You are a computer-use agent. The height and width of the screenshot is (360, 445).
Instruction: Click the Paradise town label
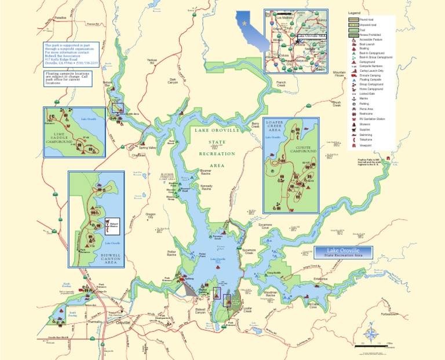point(60,18)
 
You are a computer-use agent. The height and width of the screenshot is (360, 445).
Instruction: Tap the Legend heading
point(354,13)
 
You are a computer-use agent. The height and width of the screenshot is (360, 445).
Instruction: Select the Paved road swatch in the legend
point(353,20)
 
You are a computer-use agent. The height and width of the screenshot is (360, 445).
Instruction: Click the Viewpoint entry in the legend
point(364,145)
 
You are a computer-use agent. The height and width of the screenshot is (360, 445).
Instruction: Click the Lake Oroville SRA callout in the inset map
point(312,36)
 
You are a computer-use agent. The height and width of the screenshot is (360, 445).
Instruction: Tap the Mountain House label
point(340,74)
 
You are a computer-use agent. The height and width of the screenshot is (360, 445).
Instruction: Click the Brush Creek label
point(337,104)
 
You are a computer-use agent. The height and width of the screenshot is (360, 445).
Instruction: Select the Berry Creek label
point(256,124)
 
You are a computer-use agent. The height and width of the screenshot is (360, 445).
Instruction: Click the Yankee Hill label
point(152,61)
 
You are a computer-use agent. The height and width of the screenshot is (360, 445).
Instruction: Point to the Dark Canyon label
point(173,81)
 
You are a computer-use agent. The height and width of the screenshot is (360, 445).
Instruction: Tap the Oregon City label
point(151,216)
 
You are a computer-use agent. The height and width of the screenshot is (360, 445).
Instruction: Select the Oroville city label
point(123,322)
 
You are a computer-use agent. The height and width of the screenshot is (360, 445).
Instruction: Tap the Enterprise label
point(320,278)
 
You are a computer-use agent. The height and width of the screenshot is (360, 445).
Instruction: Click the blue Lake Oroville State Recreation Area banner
point(343,252)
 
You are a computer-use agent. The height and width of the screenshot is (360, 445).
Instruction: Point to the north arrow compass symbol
point(370,330)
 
